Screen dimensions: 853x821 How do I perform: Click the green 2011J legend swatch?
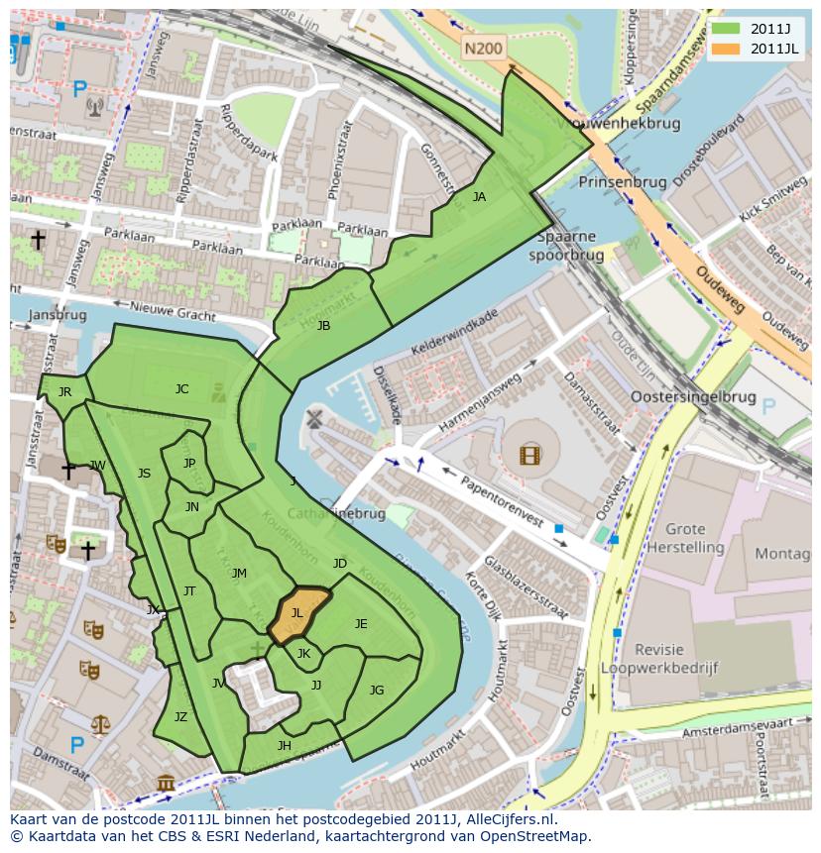(x=727, y=29)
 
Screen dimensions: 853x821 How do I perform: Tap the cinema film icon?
(x=530, y=455)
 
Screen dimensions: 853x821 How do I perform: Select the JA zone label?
(x=479, y=197)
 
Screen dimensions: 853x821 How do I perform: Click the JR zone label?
(x=64, y=392)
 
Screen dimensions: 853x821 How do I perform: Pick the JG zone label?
(x=377, y=691)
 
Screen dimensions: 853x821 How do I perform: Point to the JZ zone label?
(x=180, y=717)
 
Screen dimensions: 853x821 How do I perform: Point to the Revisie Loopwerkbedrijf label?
(x=674, y=659)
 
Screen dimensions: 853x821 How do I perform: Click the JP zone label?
(x=189, y=463)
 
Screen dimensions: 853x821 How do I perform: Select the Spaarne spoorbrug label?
(x=565, y=246)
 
